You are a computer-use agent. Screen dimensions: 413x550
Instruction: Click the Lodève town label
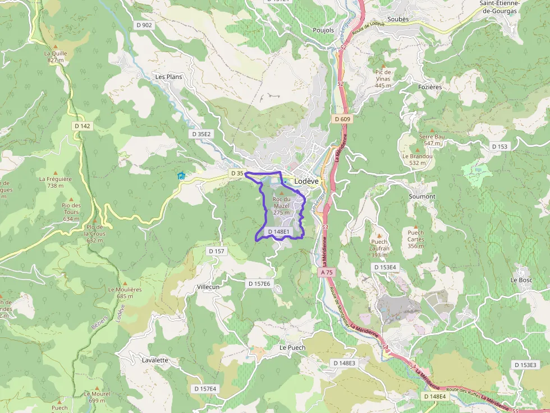pos(306,182)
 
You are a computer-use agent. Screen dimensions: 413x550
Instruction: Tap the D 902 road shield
pos(144,25)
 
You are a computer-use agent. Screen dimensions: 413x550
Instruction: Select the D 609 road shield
pos(342,119)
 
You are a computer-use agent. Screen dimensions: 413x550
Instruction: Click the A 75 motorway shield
pos(327,272)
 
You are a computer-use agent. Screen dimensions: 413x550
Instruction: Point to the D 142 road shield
pos(82,126)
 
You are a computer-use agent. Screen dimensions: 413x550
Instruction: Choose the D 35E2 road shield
pos(201,134)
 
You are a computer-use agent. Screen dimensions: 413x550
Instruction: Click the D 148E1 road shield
pos(278,231)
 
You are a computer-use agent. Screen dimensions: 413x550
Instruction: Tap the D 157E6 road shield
pos(259,284)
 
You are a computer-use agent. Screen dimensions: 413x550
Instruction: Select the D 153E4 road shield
pos(385,267)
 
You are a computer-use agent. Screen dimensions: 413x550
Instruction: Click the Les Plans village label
pos(168,77)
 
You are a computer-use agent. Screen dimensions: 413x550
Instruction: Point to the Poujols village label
pos(323,30)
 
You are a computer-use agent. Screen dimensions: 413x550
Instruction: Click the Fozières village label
pos(430,87)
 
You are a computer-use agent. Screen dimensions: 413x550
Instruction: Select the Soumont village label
pos(422,197)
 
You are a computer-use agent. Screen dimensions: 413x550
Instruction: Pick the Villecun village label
pos(208,287)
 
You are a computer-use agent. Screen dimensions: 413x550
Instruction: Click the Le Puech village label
pos(292,347)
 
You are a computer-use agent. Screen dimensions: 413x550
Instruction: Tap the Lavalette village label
pos(155,360)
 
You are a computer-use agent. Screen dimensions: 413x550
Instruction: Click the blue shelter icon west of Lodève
pos(181,176)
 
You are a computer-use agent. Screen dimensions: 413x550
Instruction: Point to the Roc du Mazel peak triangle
pos(282,192)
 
